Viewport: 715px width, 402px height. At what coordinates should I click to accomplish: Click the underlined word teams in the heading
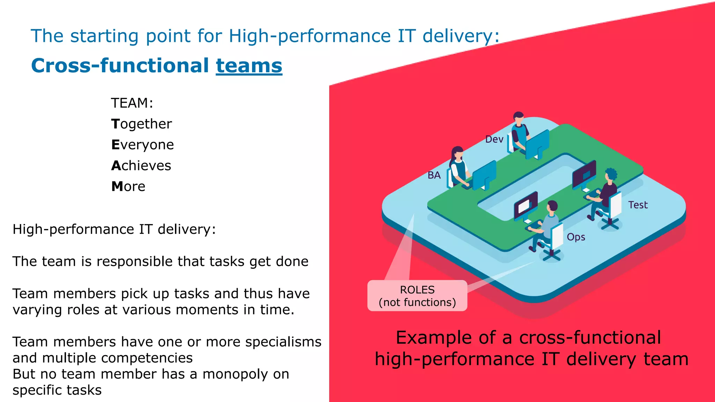(x=249, y=66)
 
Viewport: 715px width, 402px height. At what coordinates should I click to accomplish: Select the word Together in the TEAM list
(x=141, y=124)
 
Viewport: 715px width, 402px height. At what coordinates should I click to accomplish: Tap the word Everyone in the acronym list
(x=142, y=145)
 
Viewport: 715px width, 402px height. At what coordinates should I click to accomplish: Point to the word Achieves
(x=141, y=166)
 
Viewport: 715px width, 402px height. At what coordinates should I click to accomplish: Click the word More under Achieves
(x=128, y=187)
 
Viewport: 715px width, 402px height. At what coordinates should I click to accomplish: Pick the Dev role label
(x=494, y=140)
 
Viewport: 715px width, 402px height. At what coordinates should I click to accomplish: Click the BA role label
(x=434, y=175)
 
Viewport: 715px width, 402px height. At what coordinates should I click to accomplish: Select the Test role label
(x=638, y=205)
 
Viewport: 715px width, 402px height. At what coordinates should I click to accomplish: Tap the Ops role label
(x=576, y=237)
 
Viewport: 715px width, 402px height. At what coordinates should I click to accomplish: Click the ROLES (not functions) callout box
(x=417, y=296)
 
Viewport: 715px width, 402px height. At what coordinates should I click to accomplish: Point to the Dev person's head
(x=519, y=118)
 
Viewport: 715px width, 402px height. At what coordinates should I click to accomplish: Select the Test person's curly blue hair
(x=611, y=173)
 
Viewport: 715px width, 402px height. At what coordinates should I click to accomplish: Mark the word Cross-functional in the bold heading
(x=120, y=66)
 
